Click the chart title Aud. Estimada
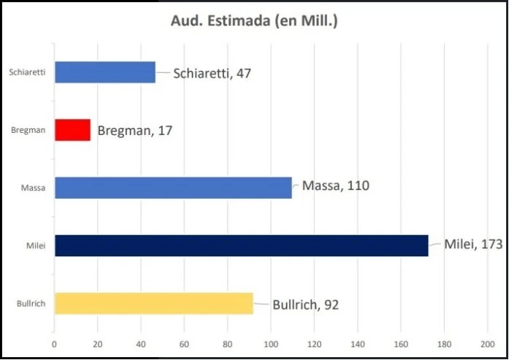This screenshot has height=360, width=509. [254, 20]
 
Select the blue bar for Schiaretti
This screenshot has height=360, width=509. [105, 72]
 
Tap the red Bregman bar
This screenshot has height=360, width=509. [72, 130]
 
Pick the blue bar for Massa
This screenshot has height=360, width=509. [173, 188]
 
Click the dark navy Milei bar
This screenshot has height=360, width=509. [242, 245]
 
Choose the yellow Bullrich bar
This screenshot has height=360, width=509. [154, 304]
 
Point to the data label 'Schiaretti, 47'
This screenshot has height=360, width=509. [212, 73]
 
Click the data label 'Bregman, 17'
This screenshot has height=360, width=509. [134, 131]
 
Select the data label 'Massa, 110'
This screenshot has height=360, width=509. [336, 185]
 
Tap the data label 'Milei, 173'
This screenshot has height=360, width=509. [473, 244]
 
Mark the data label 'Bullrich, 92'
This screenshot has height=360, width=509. [305, 305]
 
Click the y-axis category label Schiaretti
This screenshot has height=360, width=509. [27, 72]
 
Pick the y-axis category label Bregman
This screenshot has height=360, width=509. [28, 130]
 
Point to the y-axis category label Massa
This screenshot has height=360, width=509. [33, 188]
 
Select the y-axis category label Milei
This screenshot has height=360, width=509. [36, 245]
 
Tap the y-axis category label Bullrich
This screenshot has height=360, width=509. [31, 304]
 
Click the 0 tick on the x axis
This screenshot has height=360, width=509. [54, 344]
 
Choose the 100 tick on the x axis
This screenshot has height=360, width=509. [271, 344]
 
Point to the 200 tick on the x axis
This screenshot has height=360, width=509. [488, 344]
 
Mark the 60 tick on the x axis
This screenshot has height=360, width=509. [184, 344]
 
